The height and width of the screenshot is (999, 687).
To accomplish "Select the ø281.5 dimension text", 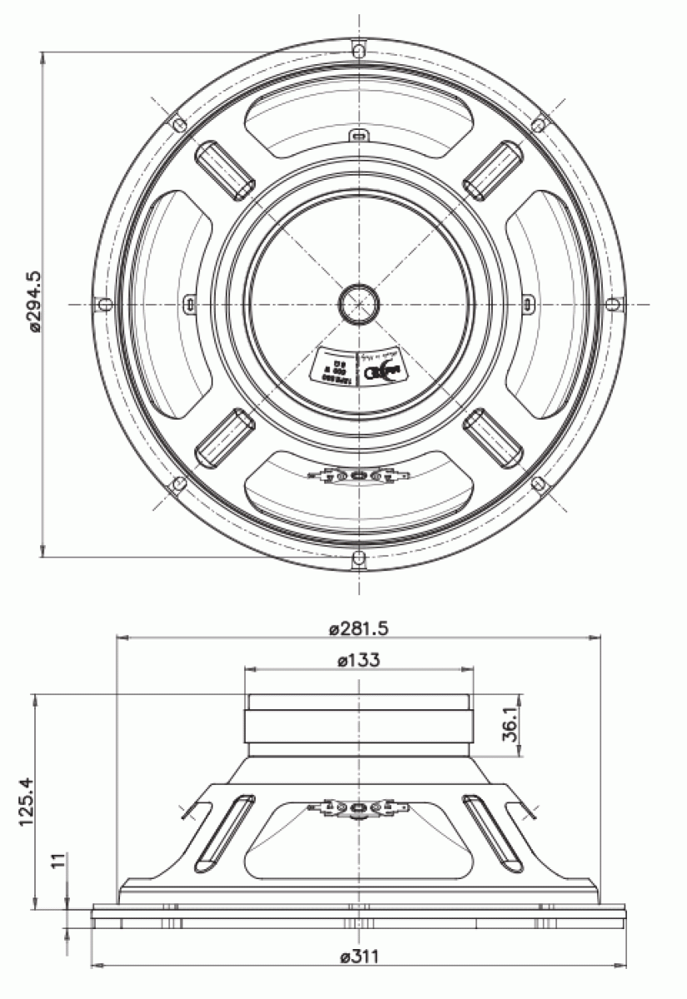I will tap(359, 629).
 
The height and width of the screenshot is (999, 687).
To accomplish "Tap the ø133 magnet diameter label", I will tap(359, 660).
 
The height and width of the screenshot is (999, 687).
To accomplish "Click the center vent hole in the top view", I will tap(359, 301).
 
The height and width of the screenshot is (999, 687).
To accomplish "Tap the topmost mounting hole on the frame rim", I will tap(358, 51).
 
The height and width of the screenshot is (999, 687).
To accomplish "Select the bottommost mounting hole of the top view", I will tap(358, 556).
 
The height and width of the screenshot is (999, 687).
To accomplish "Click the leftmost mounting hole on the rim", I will tap(106, 303).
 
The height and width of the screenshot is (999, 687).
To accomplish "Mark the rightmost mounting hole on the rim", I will tap(612, 303).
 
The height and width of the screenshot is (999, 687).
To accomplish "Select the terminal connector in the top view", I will tap(358, 476).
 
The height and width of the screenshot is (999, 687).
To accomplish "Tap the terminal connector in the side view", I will tap(358, 808).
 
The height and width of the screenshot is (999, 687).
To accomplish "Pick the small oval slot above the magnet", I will tap(358, 135).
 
